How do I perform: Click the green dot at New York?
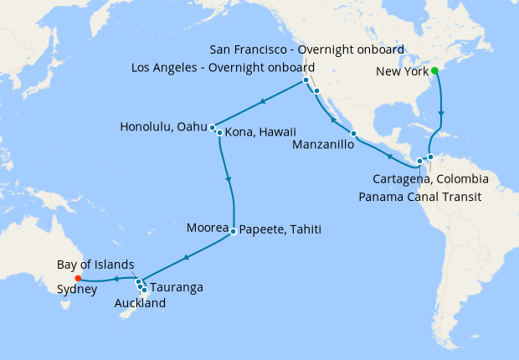[x=434, y=71]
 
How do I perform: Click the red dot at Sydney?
[x=78, y=278]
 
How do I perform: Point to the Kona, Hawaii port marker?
[x=219, y=132]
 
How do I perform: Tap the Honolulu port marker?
[x=213, y=127]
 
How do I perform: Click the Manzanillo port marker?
[x=354, y=134]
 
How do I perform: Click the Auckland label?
[x=139, y=303]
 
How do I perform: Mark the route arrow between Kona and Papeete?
[x=229, y=177]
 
